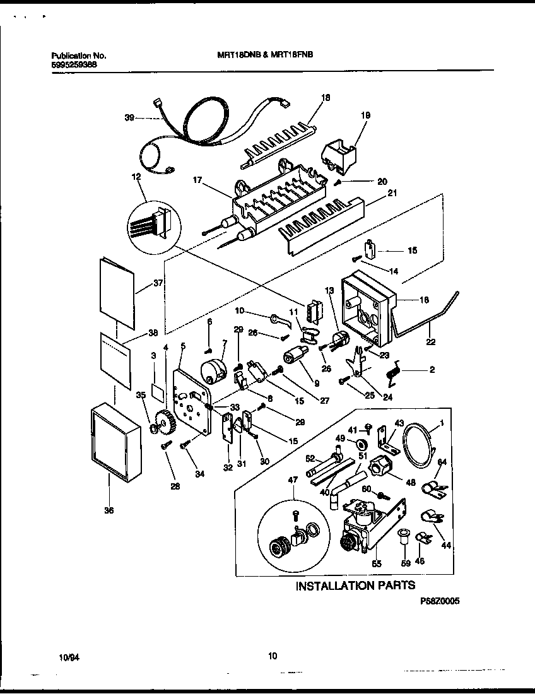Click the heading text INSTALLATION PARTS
pyautogui.click(x=356, y=585)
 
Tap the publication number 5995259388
pyautogui.click(x=74, y=64)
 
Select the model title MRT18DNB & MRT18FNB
pyautogui.click(x=261, y=55)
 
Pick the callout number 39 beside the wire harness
pyautogui.click(x=129, y=118)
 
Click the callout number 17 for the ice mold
pyautogui.click(x=197, y=180)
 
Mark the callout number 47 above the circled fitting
pyautogui.click(x=293, y=481)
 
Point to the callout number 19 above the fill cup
pyautogui.click(x=365, y=115)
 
